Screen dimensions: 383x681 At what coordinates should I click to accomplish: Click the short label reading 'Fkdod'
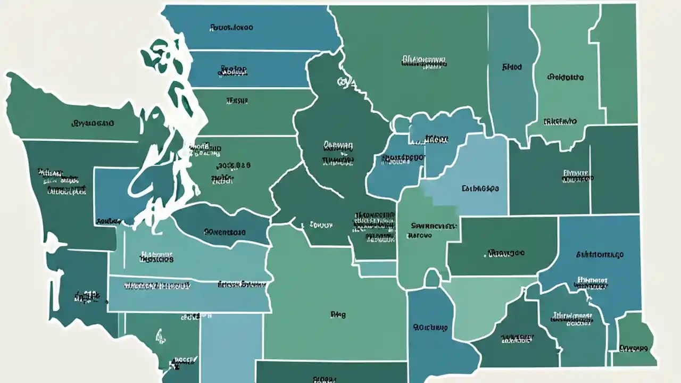click(x=512, y=68)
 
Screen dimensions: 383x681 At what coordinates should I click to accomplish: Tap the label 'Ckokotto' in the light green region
click(x=565, y=77)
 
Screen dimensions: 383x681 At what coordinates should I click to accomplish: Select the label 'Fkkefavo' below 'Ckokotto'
click(x=560, y=121)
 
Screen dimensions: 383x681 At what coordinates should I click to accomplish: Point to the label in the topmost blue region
click(x=231, y=26)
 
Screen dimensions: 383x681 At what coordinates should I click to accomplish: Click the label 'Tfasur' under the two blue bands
click(x=237, y=99)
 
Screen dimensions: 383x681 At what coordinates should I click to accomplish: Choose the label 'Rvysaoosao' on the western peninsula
click(x=93, y=123)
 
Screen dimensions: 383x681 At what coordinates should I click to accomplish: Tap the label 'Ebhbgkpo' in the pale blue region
click(x=480, y=188)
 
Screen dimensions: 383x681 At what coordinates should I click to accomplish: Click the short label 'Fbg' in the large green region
click(x=337, y=314)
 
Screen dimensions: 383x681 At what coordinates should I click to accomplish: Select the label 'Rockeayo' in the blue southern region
click(x=430, y=327)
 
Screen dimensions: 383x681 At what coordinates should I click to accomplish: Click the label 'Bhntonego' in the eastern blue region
click(x=600, y=255)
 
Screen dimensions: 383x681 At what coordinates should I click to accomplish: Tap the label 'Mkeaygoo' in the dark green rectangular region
click(x=505, y=253)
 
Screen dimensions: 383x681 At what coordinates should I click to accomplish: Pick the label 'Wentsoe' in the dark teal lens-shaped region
click(x=225, y=232)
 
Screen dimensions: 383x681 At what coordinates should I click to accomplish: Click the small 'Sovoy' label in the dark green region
click(x=321, y=225)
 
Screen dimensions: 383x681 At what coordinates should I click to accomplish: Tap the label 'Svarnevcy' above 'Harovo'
click(x=434, y=226)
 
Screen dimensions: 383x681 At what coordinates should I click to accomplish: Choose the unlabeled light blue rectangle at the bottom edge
click(x=231, y=346)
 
